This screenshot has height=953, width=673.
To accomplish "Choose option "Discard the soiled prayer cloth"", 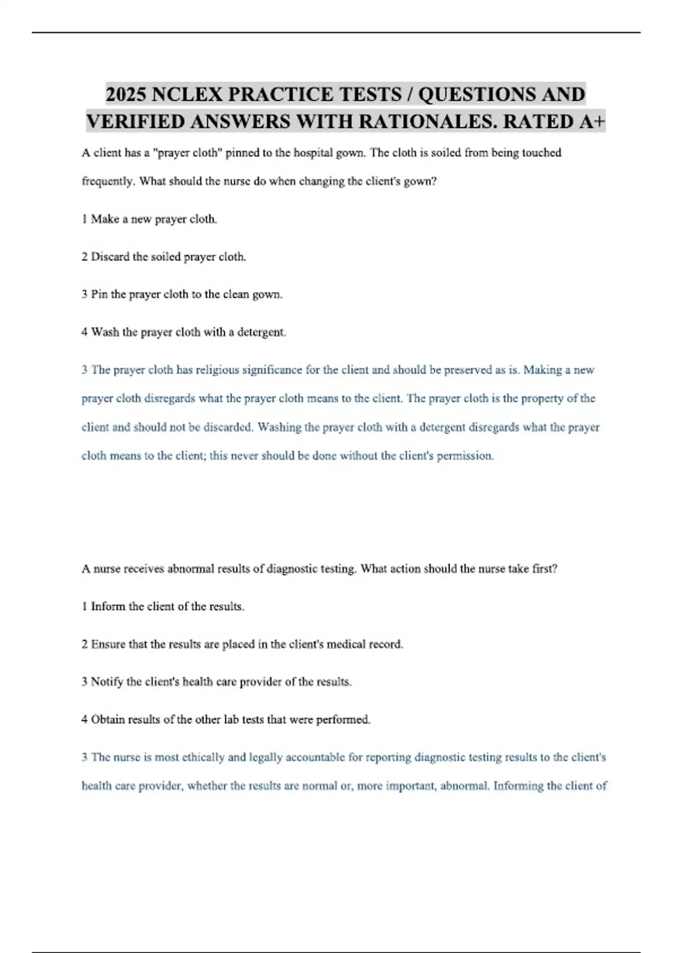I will point(164,257).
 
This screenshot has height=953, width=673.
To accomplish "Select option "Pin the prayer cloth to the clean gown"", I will point(182,294).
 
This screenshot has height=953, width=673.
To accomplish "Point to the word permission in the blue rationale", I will point(464,456).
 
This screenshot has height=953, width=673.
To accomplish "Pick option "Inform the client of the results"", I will point(163,607).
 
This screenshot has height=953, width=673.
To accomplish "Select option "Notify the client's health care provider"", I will point(216,682).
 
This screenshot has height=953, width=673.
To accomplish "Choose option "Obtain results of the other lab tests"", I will point(225,719).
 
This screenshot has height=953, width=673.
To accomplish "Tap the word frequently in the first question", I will point(108,182).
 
